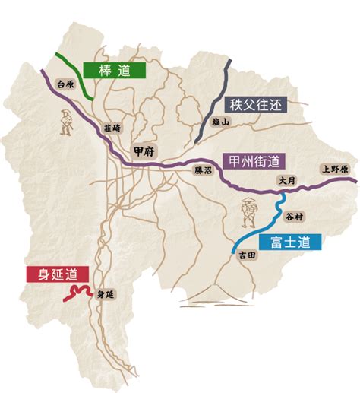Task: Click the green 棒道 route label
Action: tap(115, 71)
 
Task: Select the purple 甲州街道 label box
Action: tap(253, 161)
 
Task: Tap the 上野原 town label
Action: tap(333, 170)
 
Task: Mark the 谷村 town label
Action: tap(293, 217)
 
